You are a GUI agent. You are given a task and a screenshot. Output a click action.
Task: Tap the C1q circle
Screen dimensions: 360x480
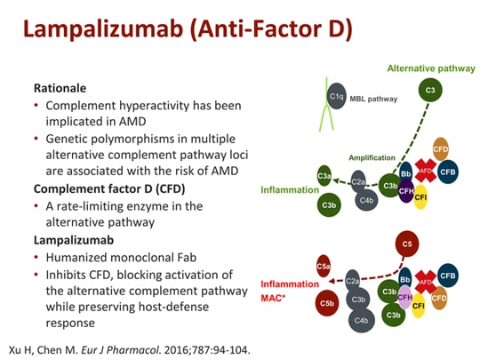click(336, 96)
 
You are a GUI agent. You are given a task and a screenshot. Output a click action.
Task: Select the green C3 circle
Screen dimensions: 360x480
click(431, 90)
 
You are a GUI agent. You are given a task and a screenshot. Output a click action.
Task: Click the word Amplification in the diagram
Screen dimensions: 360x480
click(372, 157)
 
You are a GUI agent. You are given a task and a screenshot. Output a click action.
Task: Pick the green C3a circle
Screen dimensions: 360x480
click(324, 176)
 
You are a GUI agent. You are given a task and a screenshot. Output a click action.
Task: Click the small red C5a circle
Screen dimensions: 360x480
click(324, 264)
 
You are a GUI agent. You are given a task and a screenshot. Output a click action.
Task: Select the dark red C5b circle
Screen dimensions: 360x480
click(327, 302)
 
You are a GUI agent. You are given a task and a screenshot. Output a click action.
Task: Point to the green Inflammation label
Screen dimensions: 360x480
click(289, 189)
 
